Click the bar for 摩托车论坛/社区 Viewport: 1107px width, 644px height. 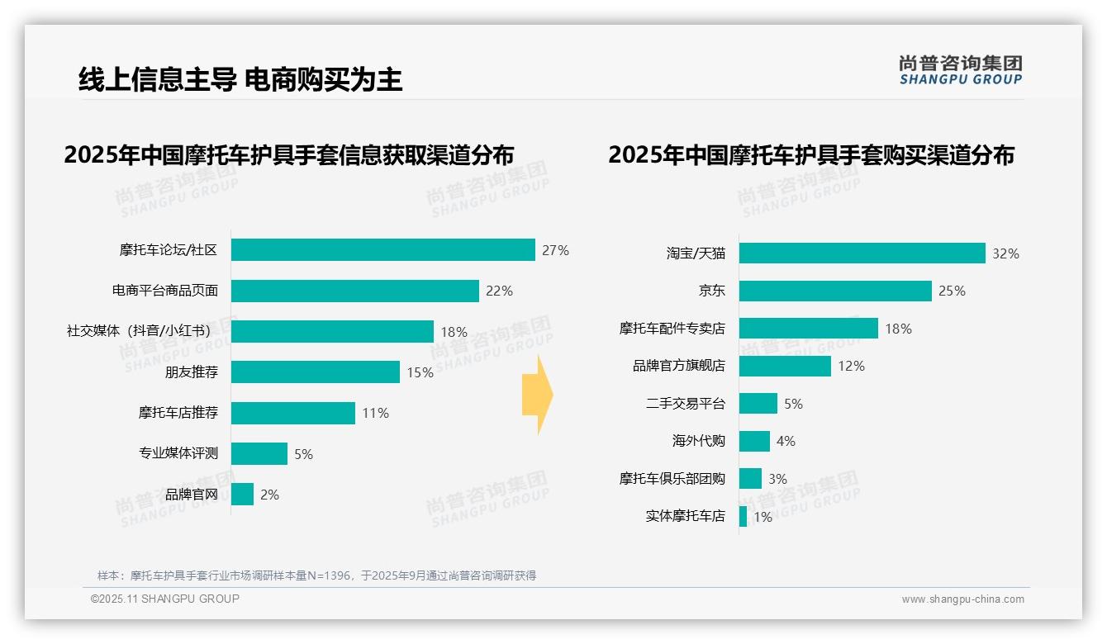point(382,249)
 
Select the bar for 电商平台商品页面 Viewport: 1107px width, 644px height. point(354,291)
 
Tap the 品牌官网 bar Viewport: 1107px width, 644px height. point(242,495)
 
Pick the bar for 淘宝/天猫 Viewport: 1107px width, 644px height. point(862,253)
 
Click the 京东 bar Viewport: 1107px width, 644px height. point(835,291)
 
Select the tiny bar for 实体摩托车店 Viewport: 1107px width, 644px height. point(743,516)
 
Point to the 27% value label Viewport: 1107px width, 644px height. point(555,250)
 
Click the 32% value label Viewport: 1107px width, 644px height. point(1005,253)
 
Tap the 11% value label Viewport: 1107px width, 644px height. point(375,413)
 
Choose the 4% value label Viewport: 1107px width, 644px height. point(785,441)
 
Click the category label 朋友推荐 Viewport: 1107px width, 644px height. point(192,372)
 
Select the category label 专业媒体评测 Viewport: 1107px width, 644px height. point(178,452)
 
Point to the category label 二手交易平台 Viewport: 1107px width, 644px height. point(685,404)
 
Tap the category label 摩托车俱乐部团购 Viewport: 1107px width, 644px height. point(672,478)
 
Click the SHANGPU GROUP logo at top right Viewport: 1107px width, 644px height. point(960,70)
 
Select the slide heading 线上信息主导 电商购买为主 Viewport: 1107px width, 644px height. point(240,79)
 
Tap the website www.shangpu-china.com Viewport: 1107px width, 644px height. point(962,599)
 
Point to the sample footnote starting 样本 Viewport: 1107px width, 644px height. point(316,575)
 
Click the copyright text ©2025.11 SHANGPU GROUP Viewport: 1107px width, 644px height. point(165,599)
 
